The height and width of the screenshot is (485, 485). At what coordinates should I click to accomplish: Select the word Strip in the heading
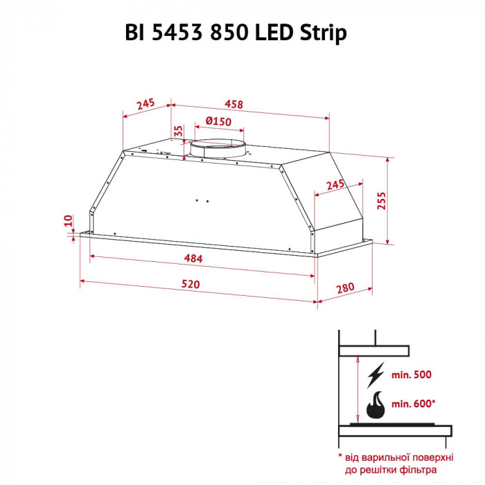point(325,33)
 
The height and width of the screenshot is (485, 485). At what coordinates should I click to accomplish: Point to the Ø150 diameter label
point(218,122)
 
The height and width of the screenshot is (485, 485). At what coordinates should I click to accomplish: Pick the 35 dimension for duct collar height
point(177,131)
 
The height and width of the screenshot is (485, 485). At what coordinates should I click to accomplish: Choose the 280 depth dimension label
point(346,288)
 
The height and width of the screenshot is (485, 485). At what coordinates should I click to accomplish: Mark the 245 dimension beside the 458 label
point(145,105)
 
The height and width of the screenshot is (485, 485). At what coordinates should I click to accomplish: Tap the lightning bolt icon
point(376,375)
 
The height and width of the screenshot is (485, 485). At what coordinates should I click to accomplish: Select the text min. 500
point(412,375)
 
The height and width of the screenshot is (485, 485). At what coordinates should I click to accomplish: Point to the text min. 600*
point(414,403)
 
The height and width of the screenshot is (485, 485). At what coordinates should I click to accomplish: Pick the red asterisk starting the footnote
point(341,457)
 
